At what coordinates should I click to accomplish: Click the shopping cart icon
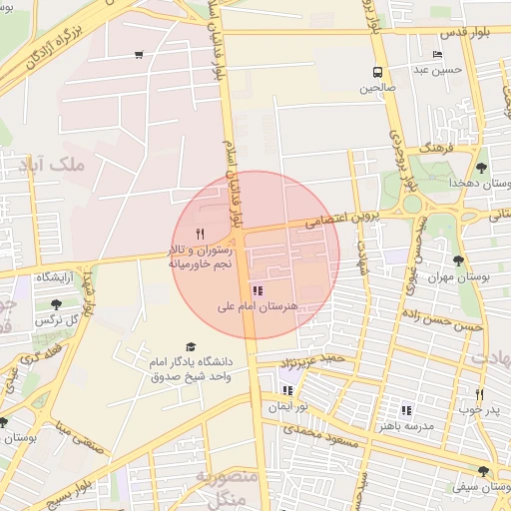(138, 55)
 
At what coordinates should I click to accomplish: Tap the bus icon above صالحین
(378, 71)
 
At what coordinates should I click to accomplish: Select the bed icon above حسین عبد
(437, 55)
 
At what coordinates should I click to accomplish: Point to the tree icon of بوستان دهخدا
(481, 167)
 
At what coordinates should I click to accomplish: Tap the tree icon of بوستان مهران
(458, 261)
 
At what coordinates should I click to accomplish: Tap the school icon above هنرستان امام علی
(258, 291)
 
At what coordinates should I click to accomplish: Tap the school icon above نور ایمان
(288, 390)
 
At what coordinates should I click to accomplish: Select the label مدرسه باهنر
(405, 425)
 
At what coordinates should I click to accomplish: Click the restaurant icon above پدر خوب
(480, 393)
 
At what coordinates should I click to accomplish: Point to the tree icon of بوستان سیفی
(483, 471)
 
